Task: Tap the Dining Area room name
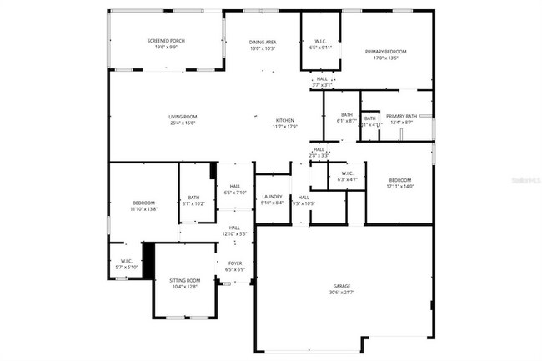tap(263, 42)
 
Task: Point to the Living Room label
tap(183, 117)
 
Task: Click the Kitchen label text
tap(285, 120)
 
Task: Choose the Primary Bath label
tap(400, 117)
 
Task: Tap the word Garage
tap(343, 286)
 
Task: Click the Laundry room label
tap(272, 197)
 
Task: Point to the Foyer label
tap(236, 263)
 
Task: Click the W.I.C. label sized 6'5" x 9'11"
tap(320, 42)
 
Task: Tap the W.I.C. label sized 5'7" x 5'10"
tap(127, 261)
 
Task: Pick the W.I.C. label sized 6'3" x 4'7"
tap(347, 173)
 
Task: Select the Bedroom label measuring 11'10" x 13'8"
tap(143, 203)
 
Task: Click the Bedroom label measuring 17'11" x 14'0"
tap(400, 180)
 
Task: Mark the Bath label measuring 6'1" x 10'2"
tap(193, 198)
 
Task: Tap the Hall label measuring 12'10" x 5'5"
tap(234, 228)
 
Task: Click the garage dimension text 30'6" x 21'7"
tap(343, 292)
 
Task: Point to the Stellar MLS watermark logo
tap(517, 178)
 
